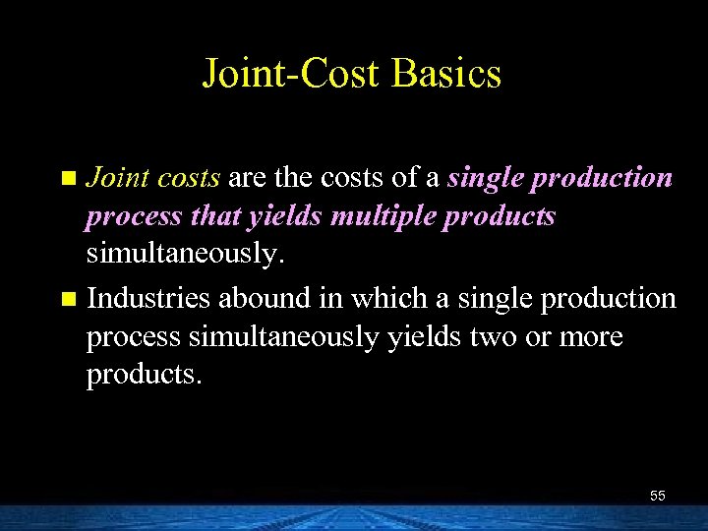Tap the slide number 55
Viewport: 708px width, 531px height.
(x=657, y=496)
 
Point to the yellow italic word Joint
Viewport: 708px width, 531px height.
(x=116, y=178)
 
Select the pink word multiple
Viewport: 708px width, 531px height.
(x=384, y=216)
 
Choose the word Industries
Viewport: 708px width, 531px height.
(x=150, y=297)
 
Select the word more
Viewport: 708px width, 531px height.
(x=588, y=336)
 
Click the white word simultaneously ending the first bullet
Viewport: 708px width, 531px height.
(x=182, y=255)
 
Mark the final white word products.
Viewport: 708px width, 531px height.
(x=142, y=376)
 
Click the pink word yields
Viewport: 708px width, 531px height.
(x=288, y=216)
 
